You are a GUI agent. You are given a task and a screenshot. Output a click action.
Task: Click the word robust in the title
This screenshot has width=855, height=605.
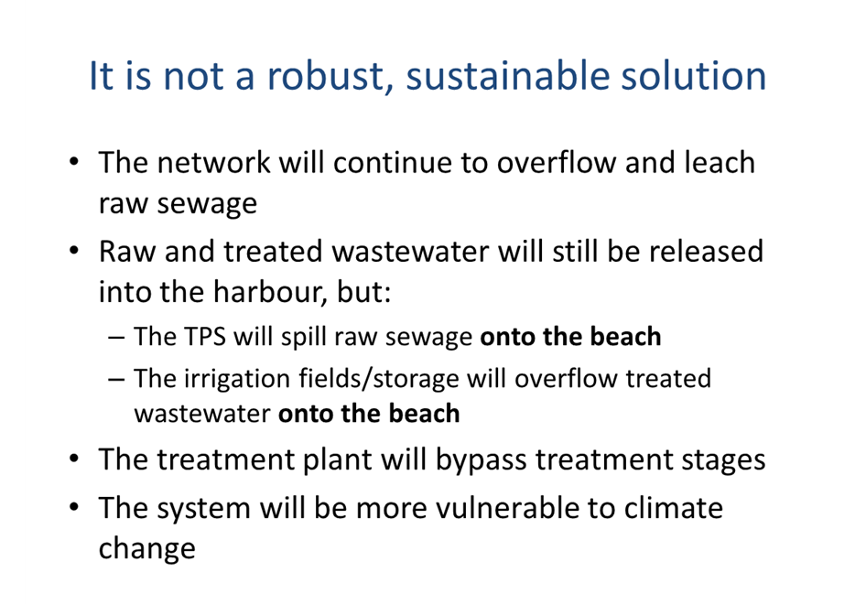[330, 75]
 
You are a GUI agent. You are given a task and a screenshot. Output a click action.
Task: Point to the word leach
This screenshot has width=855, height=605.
[720, 162]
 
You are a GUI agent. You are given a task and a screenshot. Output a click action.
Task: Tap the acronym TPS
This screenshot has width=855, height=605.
[205, 336]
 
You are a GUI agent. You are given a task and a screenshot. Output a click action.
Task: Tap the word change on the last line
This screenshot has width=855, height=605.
[146, 549]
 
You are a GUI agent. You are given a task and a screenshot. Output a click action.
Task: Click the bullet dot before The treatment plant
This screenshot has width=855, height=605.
[74, 459]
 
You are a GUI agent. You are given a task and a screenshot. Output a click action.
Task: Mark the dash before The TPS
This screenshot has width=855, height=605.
[116, 338]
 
